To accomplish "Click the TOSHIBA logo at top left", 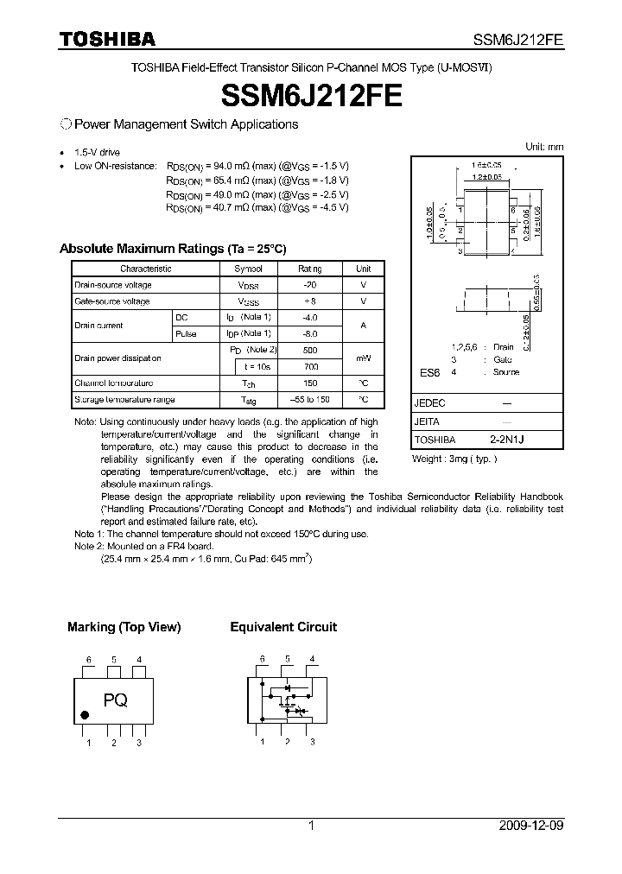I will [107, 39].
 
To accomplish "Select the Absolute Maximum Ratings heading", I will [172, 249].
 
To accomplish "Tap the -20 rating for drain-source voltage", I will [309, 285].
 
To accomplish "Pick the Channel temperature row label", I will [113, 383].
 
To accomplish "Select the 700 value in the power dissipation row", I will [310, 367].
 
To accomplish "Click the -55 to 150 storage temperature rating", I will [310, 400].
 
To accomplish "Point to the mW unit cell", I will [363, 358].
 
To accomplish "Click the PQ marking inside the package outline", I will [116, 701].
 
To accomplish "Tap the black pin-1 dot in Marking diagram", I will [85, 715].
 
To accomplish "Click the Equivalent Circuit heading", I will [283, 627].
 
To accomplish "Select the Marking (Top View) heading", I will [124, 627].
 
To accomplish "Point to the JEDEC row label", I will [429, 403].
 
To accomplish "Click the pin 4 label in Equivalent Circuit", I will [312, 659].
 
